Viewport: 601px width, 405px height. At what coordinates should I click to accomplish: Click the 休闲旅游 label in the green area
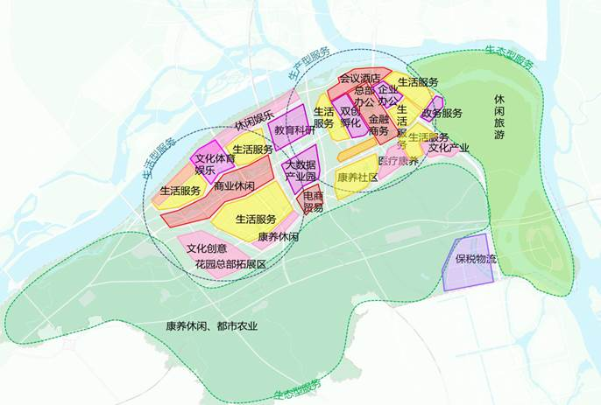(x=499, y=117)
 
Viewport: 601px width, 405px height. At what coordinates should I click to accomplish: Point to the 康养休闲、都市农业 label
(x=212, y=326)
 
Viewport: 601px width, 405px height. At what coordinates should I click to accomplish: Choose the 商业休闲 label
(x=234, y=186)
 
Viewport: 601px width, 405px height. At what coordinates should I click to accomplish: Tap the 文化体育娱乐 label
(x=213, y=164)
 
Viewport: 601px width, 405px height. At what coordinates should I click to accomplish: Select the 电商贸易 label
(x=313, y=202)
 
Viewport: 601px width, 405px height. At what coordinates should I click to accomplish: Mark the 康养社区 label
(x=357, y=178)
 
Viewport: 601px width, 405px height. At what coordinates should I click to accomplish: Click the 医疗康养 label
(x=398, y=162)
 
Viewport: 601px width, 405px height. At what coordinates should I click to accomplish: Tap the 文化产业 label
(x=449, y=148)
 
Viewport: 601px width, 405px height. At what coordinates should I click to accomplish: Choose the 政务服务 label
(x=442, y=114)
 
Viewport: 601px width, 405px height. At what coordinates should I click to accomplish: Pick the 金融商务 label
(x=378, y=124)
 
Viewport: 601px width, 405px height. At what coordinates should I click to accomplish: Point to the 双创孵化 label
(x=350, y=117)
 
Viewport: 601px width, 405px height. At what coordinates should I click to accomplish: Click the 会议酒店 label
(x=359, y=80)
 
